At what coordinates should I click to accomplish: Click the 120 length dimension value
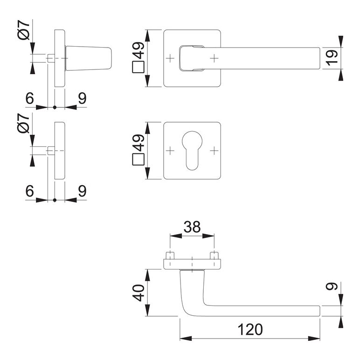click(x=250, y=330)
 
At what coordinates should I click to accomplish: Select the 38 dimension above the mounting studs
click(x=192, y=227)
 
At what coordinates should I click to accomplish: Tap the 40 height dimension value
click(x=138, y=293)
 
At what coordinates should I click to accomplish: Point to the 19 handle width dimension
click(x=332, y=58)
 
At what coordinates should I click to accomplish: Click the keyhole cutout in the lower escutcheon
click(x=192, y=150)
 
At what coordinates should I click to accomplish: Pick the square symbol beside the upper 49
click(x=138, y=67)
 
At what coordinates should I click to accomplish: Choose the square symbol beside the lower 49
click(x=138, y=159)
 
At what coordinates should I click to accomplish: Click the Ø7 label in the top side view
click(x=24, y=30)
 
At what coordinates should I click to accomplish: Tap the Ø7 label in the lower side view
click(x=24, y=123)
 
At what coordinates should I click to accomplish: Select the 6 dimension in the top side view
click(x=30, y=98)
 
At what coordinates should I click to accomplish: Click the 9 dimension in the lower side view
click(x=82, y=191)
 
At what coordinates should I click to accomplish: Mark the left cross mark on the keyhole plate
click(x=170, y=151)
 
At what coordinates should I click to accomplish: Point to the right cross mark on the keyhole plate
click(x=214, y=151)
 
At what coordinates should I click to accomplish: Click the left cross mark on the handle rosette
click(x=170, y=58)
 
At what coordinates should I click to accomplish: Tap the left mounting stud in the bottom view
click(x=170, y=256)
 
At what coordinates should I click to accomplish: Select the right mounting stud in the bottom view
click(x=214, y=256)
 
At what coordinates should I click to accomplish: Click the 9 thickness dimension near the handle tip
click(x=332, y=286)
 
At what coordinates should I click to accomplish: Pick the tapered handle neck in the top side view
click(x=89, y=58)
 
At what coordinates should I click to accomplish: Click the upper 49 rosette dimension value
click(x=138, y=50)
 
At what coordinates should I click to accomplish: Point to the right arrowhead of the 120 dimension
click(x=314, y=339)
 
